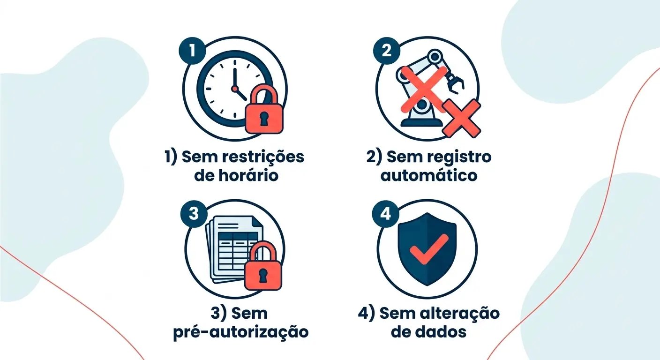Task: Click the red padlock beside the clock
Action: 264,113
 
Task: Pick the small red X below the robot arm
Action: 462,118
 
